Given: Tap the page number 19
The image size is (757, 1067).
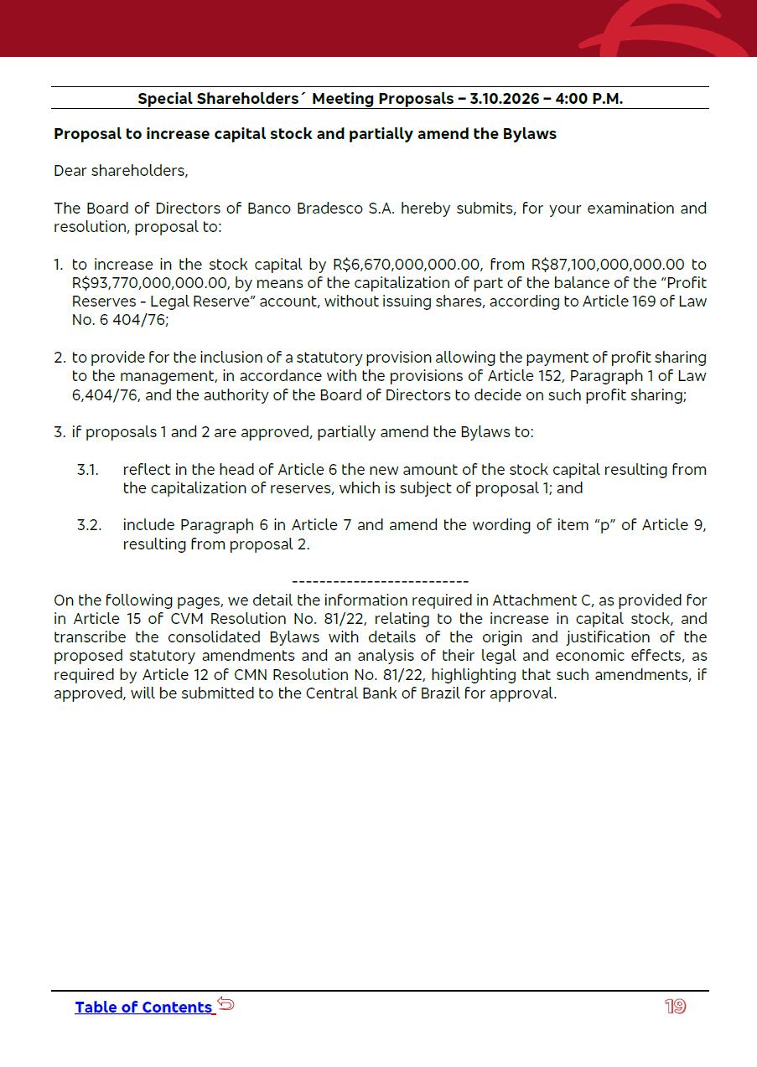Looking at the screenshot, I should point(675,1007).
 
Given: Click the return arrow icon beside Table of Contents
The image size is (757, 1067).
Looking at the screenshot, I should point(226,1003).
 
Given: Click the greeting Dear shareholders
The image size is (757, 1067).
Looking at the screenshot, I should point(121,171).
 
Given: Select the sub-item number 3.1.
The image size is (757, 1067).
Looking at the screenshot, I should point(88,470).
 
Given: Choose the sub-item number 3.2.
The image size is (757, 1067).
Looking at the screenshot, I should point(89,525).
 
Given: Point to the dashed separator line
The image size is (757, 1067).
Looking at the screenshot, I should point(380,581).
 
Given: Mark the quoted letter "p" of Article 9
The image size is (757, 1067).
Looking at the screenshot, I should point(601,525).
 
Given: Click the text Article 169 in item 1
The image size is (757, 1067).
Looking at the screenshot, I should point(620,302).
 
